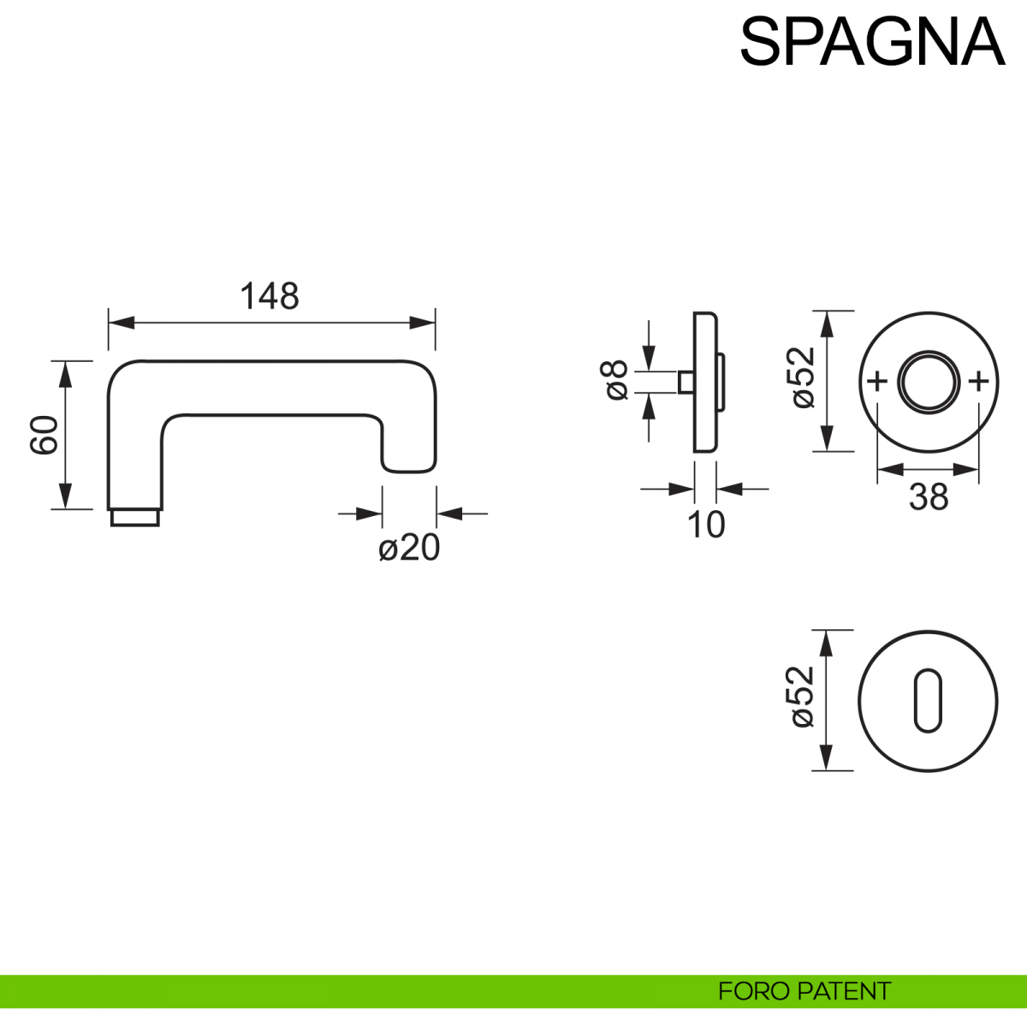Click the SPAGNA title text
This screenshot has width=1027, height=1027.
pos(871,41)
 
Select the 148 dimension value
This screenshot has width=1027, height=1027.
pos(270,296)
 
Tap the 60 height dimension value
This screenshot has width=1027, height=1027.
pos(45,434)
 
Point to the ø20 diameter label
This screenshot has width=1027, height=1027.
pos(409,548)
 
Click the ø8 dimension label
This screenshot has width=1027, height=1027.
pos(616,380)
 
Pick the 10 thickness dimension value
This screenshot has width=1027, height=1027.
pos(706,525)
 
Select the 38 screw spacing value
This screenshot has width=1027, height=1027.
pos(929,496)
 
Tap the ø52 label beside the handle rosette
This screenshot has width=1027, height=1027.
pos(803,377)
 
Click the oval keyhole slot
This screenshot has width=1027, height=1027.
pos(928,701)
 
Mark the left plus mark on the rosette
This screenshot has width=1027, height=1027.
pos(876,381)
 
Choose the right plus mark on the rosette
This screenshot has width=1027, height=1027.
pos(979,381)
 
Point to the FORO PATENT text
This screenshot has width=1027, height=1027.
pos(804,991)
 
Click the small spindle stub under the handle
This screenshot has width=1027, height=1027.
pos(135,517)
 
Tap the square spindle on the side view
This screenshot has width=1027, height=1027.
pos(685,382)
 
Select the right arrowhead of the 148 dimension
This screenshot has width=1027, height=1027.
pos(424,323)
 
